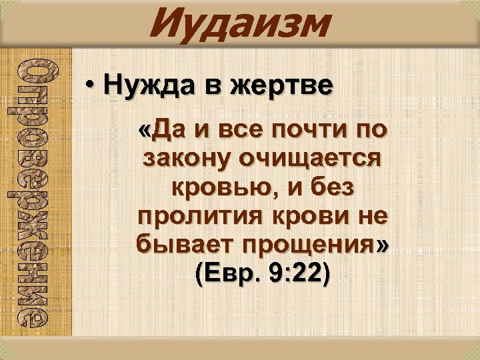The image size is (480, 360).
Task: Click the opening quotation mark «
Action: coord(145,129)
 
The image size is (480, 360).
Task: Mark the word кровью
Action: coord(212,189)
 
